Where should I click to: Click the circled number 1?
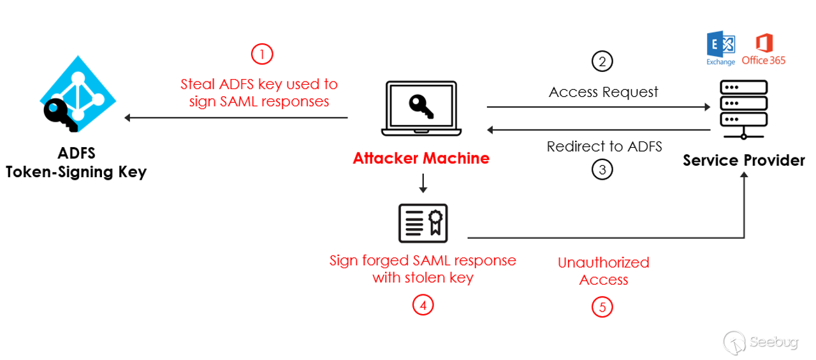(262, 54)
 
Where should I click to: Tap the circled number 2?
(602, 61)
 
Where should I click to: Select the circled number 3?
(602, 170)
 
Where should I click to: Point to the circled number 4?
(422, 306)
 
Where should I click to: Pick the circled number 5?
(602, 307)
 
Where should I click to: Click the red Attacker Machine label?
(421, 158)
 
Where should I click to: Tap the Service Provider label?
(743, 160)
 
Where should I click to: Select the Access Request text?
(603, 92)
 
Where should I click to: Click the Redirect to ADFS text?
(604, 147)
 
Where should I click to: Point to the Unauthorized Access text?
(603, 271)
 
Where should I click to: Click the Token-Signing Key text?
(76, 172)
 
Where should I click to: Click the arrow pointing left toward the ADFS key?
(236, 117)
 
